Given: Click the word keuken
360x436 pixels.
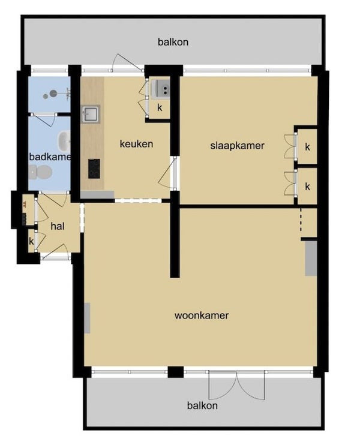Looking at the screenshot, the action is (136, 144).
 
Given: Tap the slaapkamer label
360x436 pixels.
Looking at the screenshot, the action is (237, 146).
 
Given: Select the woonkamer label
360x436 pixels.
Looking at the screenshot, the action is (202, 315).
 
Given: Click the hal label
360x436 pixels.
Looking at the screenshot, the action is (58, 226).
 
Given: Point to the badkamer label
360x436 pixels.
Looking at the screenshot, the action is (50, 157).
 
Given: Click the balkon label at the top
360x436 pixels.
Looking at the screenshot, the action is (173, 42).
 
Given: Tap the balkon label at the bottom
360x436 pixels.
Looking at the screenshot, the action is (202, 405).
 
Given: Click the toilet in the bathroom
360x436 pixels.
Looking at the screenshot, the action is (40, 172).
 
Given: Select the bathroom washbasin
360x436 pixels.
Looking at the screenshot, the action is (64, 141).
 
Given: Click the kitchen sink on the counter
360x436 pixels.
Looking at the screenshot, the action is (91, 114).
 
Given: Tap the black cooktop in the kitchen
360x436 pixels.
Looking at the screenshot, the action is (94, 169).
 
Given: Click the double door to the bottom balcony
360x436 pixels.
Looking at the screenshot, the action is (236, 385).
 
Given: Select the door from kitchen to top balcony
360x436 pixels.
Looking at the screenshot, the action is (127, 62).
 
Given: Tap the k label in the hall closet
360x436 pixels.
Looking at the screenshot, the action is (31, 241).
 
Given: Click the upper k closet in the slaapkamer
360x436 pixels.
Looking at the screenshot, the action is (307, 146).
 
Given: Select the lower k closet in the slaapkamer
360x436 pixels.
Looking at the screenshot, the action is (307, 186).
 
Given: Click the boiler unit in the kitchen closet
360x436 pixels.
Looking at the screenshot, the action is (160, 89).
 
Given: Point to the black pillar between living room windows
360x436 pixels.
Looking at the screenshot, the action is (176, 372).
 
